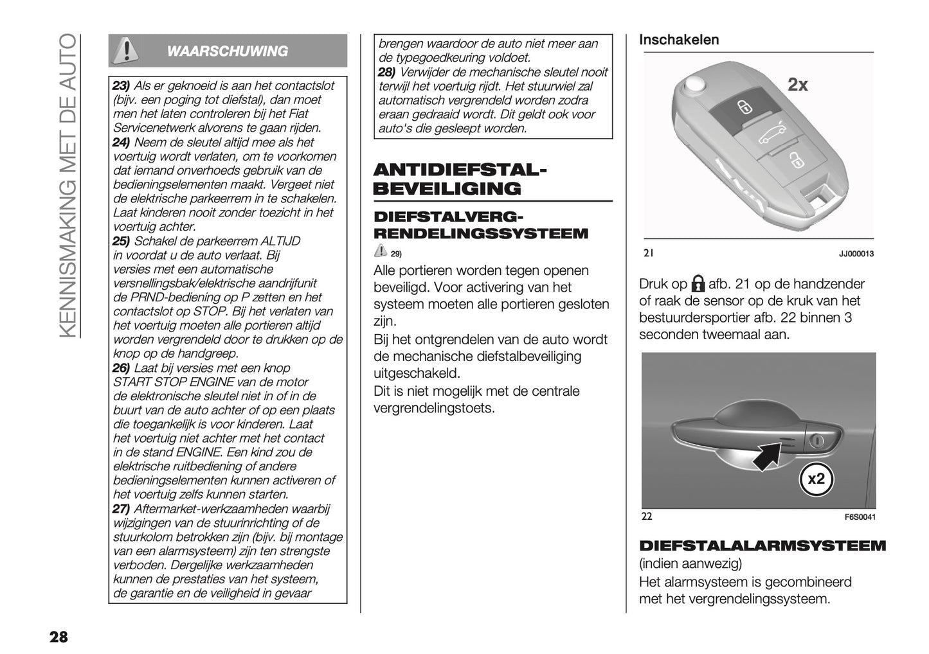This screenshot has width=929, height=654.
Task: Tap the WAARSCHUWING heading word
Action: point(227,51)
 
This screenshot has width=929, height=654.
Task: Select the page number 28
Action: point(57,637)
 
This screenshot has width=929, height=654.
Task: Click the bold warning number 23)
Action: point(122,86)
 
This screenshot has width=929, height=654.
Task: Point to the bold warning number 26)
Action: point(122,368)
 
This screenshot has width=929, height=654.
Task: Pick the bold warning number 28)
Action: point(387,72)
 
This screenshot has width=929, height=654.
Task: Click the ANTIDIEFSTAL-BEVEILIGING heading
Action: point(460,179)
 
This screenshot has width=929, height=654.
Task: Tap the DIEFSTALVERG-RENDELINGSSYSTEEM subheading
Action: point(480,224)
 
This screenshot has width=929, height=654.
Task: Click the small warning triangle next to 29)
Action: point(380,251)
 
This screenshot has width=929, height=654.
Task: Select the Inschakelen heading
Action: point(678,40)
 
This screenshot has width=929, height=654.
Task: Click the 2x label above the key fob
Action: point(797,85)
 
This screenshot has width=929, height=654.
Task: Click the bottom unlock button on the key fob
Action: point(795,161)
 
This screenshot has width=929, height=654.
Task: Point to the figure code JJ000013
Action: point(856,254)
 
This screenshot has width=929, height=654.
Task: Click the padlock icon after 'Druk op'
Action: point(698,284)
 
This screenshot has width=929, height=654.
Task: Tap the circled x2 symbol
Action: point(816,479)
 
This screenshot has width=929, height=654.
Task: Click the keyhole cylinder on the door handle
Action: point(817,441)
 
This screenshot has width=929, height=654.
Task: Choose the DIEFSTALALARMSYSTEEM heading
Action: point(762,546)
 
